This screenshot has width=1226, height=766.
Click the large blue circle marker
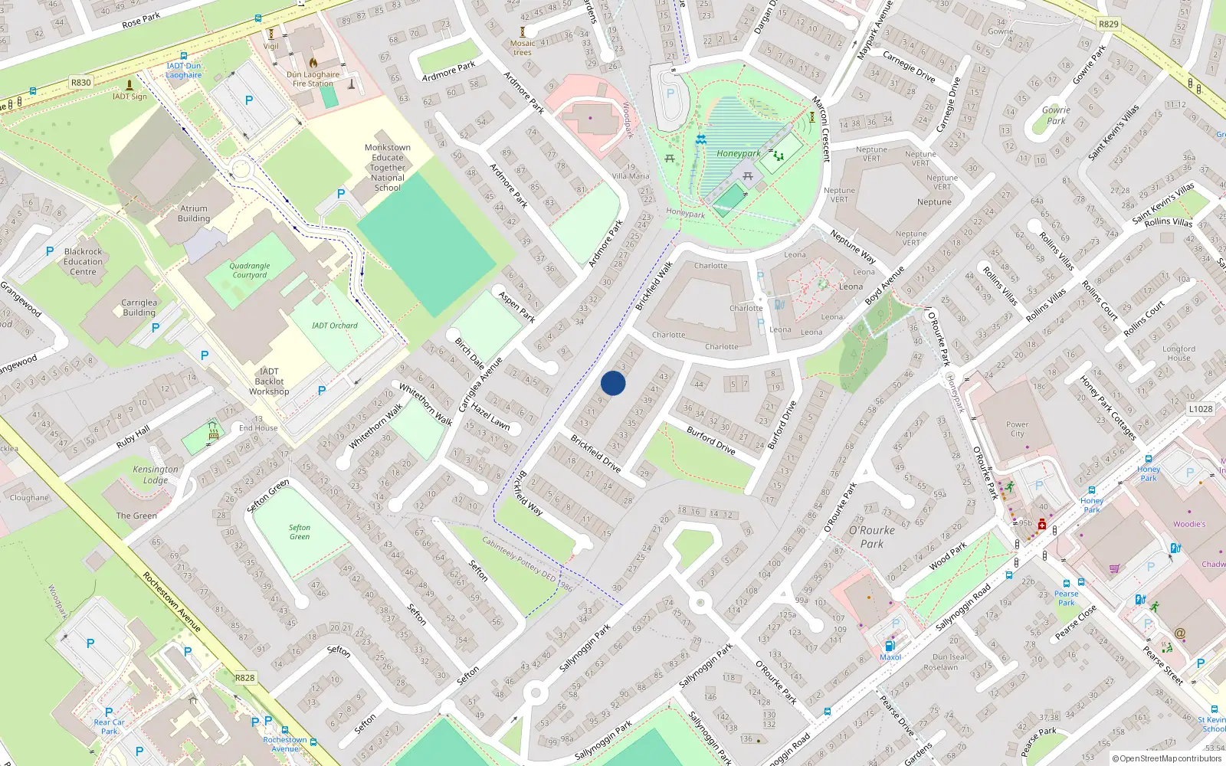(x=613, y=383)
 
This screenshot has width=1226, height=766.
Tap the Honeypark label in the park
(x=739, y=153)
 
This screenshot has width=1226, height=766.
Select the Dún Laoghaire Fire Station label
(x=313, y=79)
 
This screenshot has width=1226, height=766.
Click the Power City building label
(x=1017, y=429)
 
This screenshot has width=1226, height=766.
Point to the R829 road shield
(x=1108, y=24)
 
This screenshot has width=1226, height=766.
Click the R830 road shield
(x=80, y=82)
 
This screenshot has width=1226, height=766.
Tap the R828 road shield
(x=244, y=678)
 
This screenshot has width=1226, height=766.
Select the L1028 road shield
(x=1201, y=409)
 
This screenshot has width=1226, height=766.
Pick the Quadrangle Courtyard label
(x=250, y=270)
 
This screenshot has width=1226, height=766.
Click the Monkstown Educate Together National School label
(x=388, y=167)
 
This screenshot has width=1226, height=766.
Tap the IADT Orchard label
(x=334, y=326)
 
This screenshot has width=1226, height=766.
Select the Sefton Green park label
(x=300, y=532)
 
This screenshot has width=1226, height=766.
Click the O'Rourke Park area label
(x=871, y=537)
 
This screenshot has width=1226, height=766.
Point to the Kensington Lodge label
(x=156, y=474)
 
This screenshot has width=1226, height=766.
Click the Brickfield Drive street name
(x=595, y=453)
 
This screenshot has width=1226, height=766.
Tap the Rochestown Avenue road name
(x=172, y=602)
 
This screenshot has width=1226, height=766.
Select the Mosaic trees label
(x=523, y=47)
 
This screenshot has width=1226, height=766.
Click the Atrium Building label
(x=194, y=213)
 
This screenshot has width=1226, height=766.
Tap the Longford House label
(x=1178, y=353)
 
